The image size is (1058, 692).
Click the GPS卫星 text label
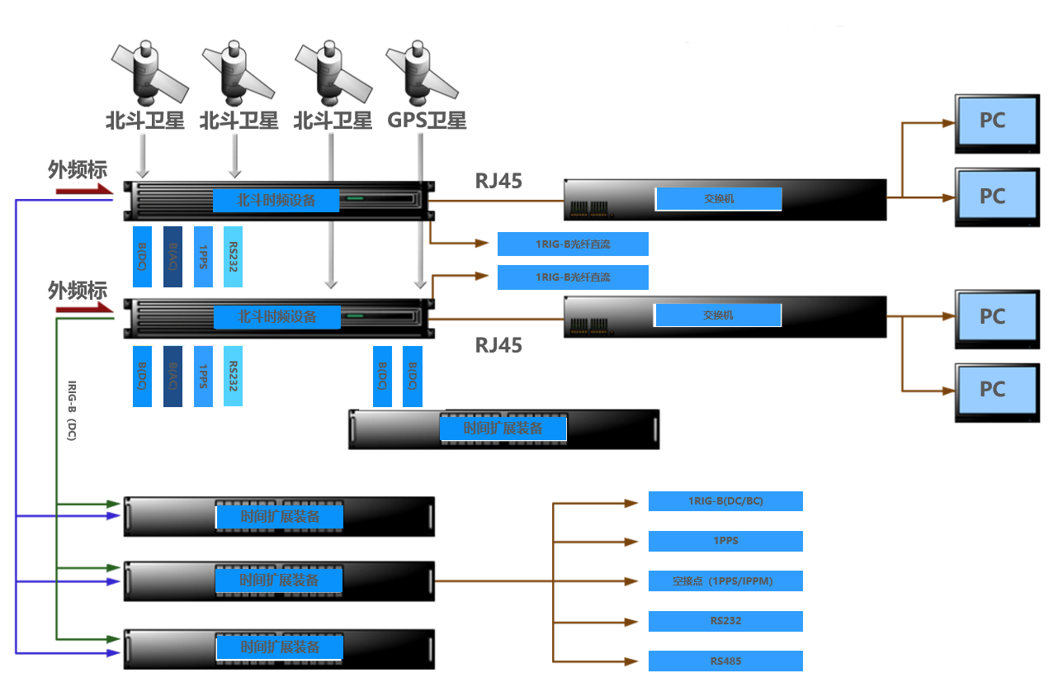[427, 121]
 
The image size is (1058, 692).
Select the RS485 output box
[725, 661]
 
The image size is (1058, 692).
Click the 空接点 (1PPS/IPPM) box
[725, 581]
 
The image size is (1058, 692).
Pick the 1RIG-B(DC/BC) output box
[725, 501]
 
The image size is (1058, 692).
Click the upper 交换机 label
[718, 199]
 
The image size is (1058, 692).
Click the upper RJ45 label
[498, 181]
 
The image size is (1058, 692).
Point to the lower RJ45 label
[498, 345]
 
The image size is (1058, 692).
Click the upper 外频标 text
[78, 170]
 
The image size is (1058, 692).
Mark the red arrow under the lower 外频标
[83, 309]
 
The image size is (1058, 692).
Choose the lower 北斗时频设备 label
[277, 316]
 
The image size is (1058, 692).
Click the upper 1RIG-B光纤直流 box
[573, 244]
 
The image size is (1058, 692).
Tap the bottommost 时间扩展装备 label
[279, 647]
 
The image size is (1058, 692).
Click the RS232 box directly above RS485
[725, 621]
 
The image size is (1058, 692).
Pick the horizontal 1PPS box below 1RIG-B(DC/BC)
[725, 541]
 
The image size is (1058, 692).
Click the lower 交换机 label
[717, 315]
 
